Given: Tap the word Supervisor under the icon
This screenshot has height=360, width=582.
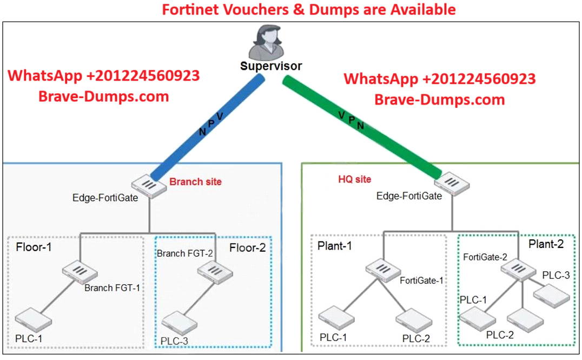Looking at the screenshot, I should [x=272, y=67].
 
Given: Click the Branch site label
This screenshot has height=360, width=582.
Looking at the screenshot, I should [x=195, y=182].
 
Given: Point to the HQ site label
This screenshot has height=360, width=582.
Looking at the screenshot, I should [x=355, y=179].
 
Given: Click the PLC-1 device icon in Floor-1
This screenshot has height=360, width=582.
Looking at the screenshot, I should [x=34, y=319].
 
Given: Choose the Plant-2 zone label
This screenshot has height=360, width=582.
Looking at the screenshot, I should [x=546, y=244].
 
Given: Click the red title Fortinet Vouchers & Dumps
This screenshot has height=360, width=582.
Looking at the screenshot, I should [x=309, y=9].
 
